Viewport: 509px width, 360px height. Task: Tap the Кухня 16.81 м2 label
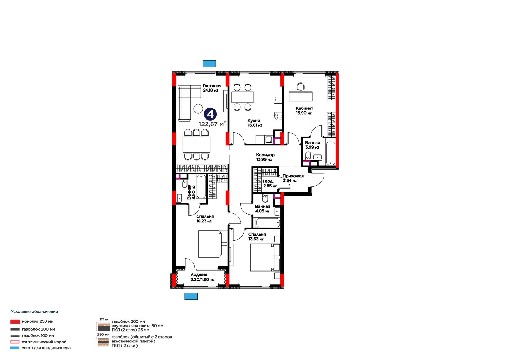coord(255,123)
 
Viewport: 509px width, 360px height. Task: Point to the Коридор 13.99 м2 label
coord(265,157)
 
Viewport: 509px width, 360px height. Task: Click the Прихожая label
coord(293,176)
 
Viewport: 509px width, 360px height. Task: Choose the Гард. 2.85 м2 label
coord(270,184)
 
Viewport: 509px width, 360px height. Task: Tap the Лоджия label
coord(199,275)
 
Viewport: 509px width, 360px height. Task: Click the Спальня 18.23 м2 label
coord(205,219)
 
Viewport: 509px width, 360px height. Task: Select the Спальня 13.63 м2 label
coord(257,236)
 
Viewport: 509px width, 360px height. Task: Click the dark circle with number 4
coord(210,114)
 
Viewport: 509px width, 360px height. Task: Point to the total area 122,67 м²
coord(212,124)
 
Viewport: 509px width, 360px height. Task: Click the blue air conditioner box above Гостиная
coord(209,64)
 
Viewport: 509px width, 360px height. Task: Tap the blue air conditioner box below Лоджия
coord(191,296)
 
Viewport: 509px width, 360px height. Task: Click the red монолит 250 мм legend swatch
coord(15,321)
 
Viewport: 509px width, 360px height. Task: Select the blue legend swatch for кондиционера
coord(15,348)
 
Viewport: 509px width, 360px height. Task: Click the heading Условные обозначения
coord(35,312)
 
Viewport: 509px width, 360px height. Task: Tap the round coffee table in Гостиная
coord(198,109)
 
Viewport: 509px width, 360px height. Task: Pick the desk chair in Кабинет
coord(301,87)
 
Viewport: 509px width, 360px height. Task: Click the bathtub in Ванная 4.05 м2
coord(268,223)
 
